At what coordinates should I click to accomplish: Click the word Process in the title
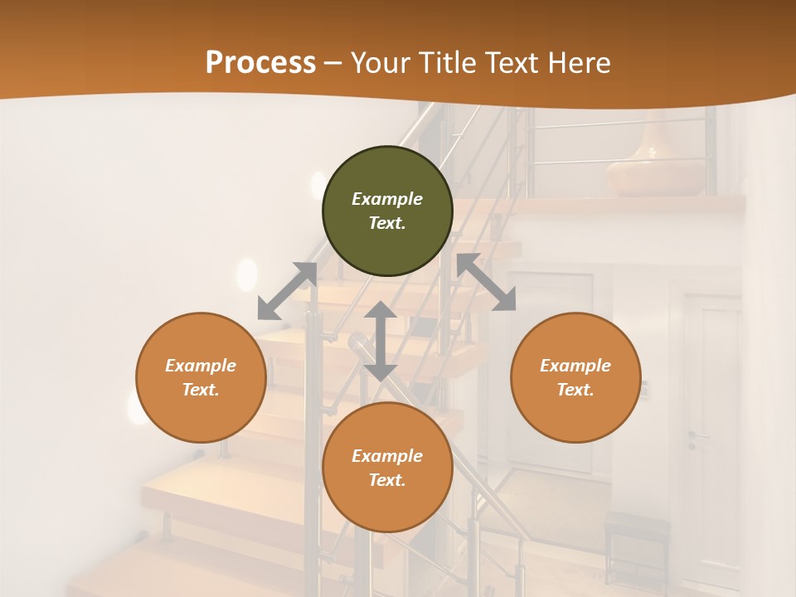coord(260,63)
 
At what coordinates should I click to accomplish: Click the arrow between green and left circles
coord(288,290)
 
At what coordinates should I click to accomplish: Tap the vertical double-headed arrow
coord(381,341)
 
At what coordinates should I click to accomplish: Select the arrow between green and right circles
coord(486,282)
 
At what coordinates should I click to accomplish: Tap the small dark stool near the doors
coord(637,539)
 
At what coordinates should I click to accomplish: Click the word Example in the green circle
coord(387,199)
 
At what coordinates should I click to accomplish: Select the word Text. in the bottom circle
coord(387,480)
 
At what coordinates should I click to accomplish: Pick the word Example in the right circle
coord(575,366)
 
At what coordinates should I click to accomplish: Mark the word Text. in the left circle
coord(201,390)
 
